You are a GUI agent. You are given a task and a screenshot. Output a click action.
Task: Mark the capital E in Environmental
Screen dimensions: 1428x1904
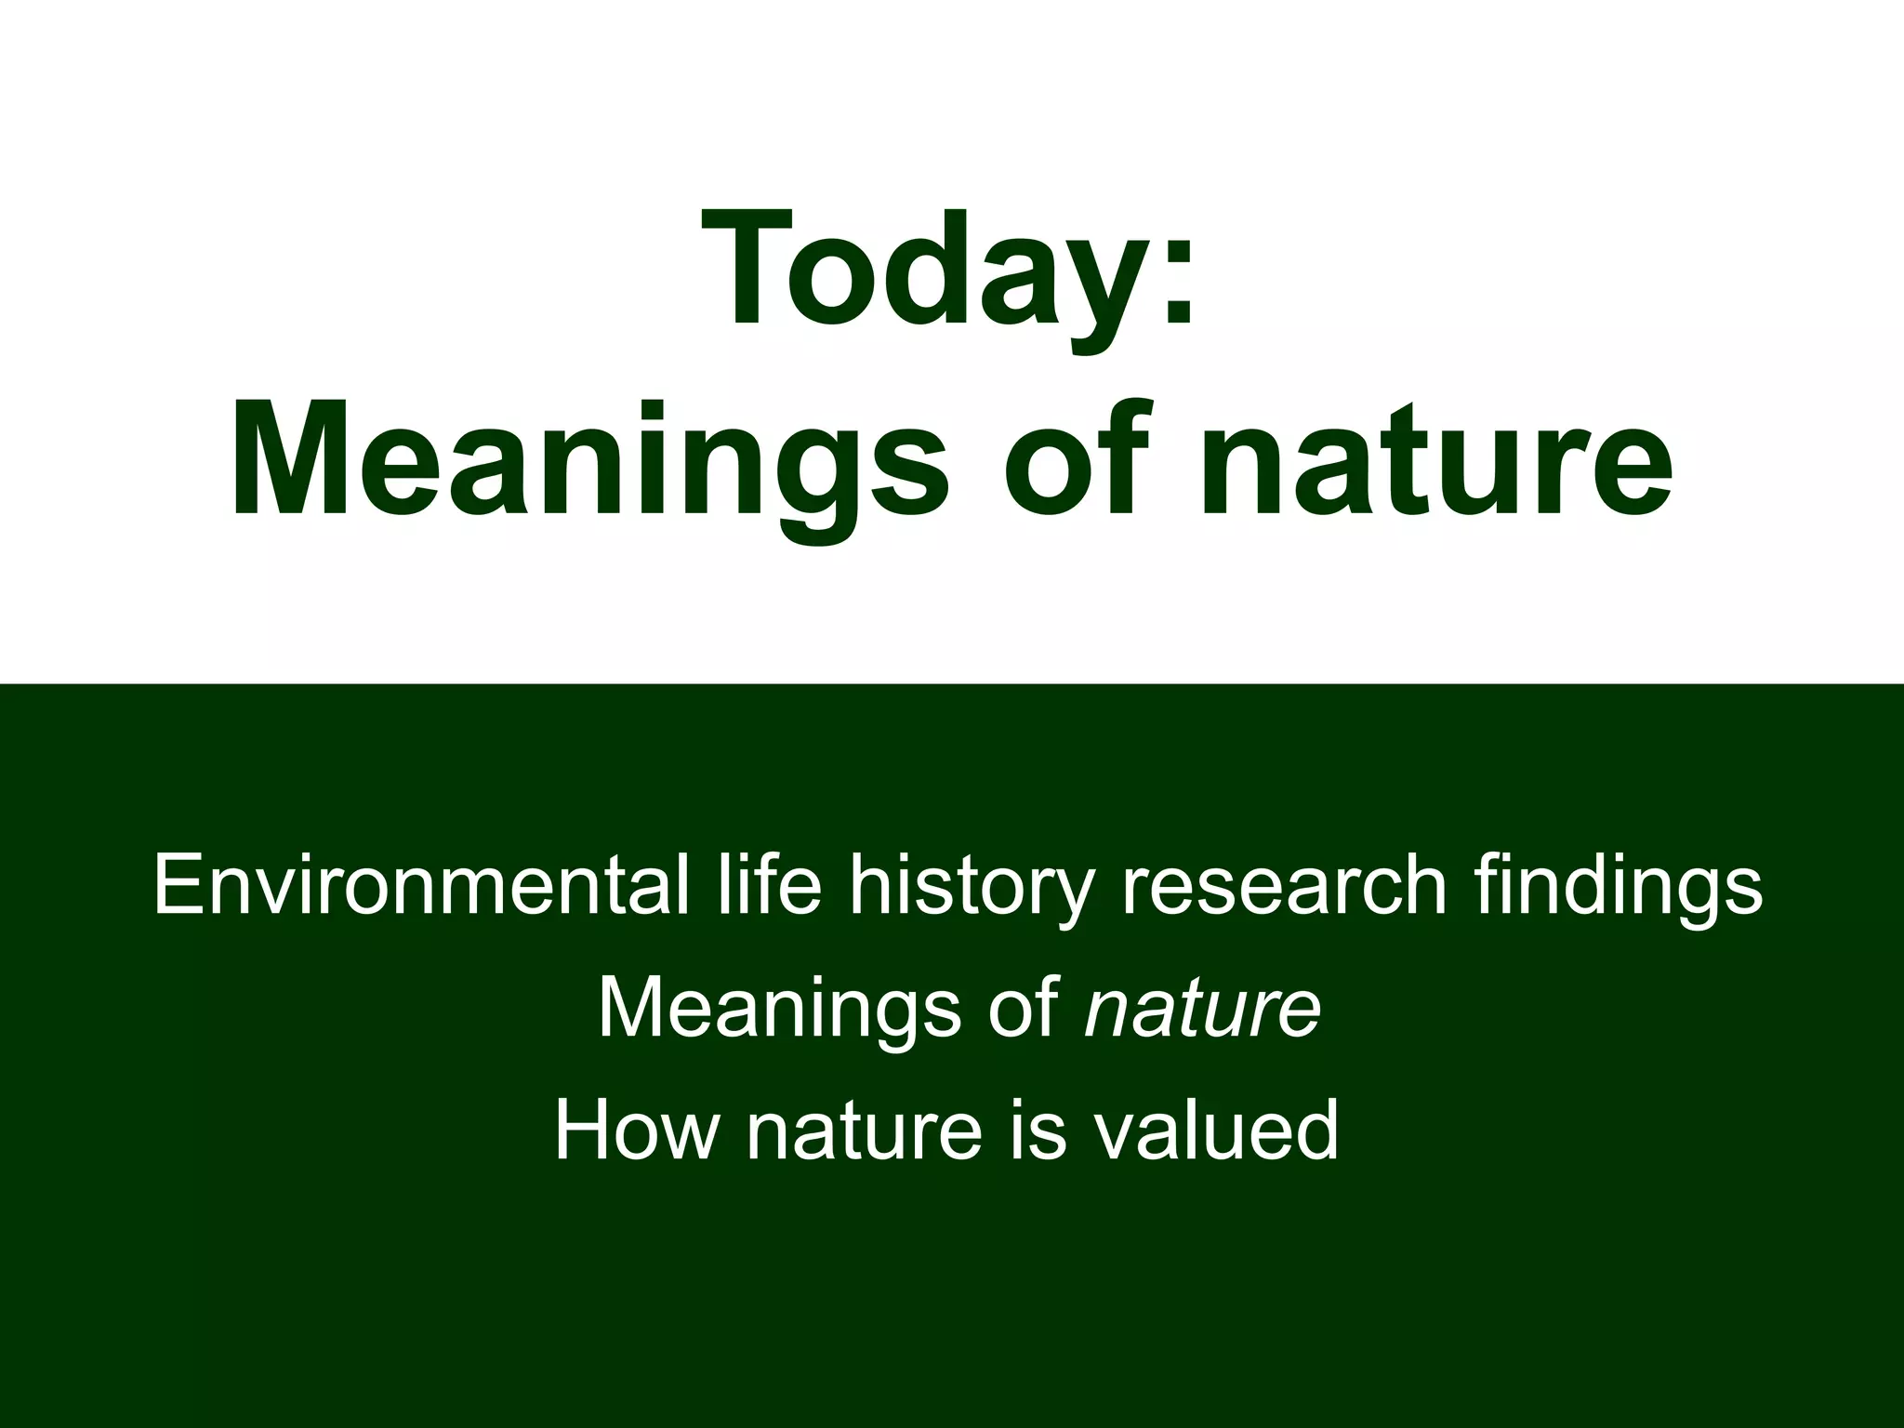(177, 885)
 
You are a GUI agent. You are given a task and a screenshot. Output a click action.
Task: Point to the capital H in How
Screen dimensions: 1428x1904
(581, 1131)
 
